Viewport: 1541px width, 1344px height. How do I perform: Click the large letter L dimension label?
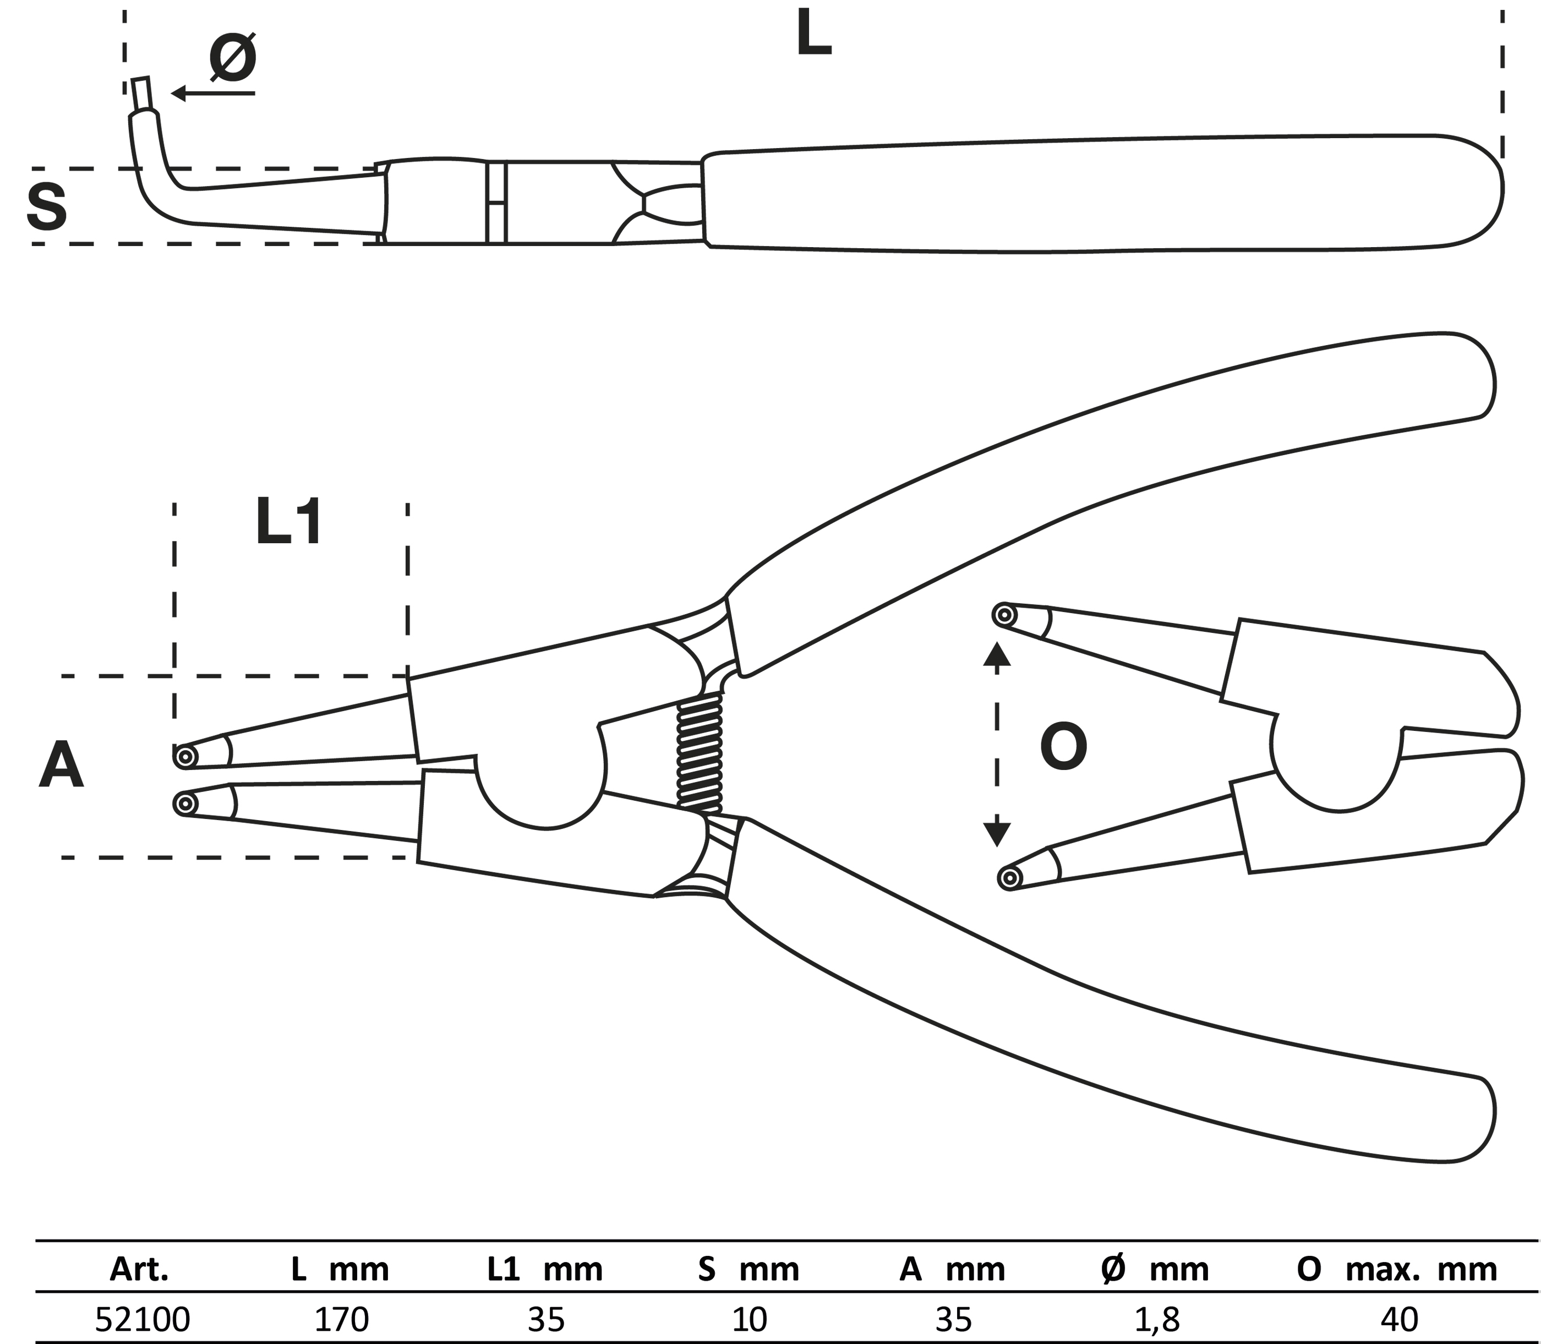click(813, 34)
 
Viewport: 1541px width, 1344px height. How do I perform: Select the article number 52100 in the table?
click(143, 1319)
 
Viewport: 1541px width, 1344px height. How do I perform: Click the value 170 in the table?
click(341, 1319)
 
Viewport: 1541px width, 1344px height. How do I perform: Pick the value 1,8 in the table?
click(1157, 1319)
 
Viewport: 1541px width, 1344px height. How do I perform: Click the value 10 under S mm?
click(749, 1319)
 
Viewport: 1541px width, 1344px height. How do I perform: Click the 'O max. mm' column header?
click(1396, 1269)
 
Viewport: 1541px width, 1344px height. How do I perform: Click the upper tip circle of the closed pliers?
click(184, 756)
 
